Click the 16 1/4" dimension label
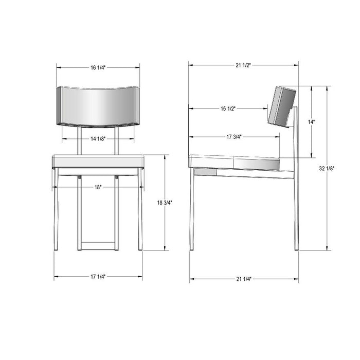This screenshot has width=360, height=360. tap(98, 67)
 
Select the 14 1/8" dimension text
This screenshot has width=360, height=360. tap(98, 138)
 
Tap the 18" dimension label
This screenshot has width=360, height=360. tap(98, 188)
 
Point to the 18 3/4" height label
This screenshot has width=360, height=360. tap(165, 203)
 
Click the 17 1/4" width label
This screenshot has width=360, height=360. tap(98, 277)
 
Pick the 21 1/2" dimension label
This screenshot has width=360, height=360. tap(243, 65)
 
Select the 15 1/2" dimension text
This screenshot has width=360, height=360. tap(228, 109)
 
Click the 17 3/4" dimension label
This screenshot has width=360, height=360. tap(234, 137)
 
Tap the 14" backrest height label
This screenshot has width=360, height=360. tap(312, 122)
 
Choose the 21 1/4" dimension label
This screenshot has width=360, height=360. tap(244, 279)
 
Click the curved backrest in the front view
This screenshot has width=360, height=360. tap(98, 106)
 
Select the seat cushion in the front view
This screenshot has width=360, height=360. tap(98, 161)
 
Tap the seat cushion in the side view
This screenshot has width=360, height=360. tap(235, 162)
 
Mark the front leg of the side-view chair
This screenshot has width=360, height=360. tap(193, 211)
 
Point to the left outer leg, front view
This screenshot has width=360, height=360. tap(56, 211)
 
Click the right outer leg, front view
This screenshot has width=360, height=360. tap(140, 211)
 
